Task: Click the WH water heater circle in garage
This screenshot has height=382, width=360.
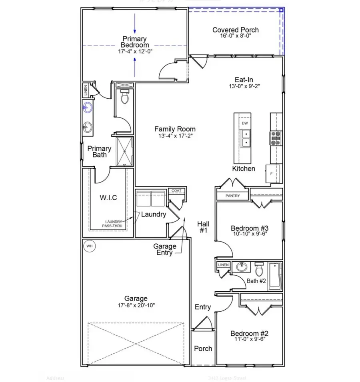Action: pyautogui.click(x=89, y=246)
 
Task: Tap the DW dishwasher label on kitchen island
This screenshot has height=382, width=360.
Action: pyautogui.click(x=245, y=123)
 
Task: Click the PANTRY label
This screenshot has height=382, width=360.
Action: pyautogui.click(x=232, y=196)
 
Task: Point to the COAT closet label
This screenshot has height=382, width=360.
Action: pyautogui.click(x=176, y=191)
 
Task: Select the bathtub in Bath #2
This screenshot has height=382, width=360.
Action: pyautogui.click(x=275, y=276)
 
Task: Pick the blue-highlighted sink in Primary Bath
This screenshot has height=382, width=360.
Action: pyautogui.click(x=87, y=107)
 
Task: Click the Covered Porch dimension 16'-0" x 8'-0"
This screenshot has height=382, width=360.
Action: pyautogui.click(x=235, y=36)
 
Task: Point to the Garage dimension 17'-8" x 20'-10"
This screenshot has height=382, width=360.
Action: pyautogui.click(x=136, y=305)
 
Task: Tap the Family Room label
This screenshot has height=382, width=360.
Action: pyautogui.click(x=175, y=129)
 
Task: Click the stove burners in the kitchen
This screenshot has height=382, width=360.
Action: pyautogui.click(x=276, y=138)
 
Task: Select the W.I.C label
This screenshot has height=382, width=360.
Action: pyautogui.click(x=108, y=197)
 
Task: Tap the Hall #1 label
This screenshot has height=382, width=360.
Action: pyautogui.click(x=203, y=228)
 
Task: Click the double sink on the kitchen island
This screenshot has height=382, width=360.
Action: pyautogui.click(x=245, y=138)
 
